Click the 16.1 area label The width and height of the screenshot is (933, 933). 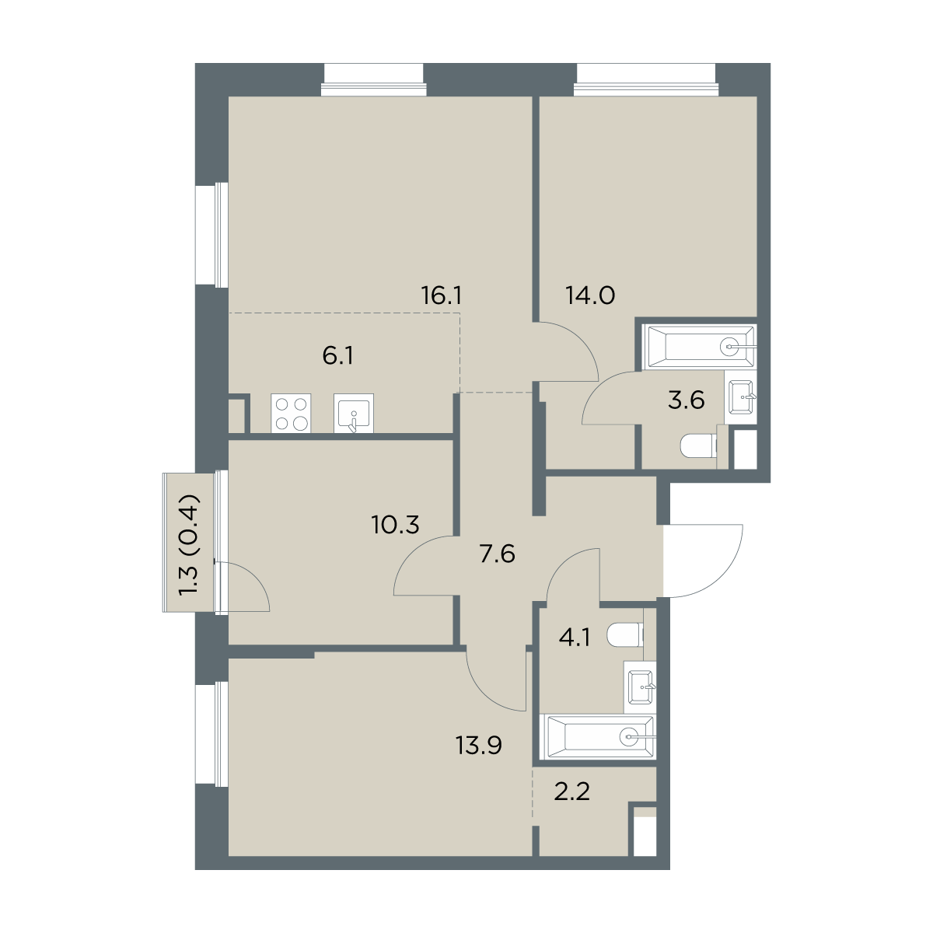point(441,295)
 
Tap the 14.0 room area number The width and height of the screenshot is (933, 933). point(591,295)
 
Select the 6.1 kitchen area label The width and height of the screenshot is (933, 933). point(338,356)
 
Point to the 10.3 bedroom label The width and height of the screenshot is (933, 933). point(396,524)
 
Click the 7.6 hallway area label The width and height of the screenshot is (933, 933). point(498,554)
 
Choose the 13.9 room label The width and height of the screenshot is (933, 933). point(479,746)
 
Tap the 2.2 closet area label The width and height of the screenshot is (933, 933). point(571,793)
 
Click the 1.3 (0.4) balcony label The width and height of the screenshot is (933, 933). point(189,543)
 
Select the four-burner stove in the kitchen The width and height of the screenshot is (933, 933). point(291,413)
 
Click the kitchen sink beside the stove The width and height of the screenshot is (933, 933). point(354,413)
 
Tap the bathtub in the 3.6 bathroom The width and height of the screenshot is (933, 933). point(699,347)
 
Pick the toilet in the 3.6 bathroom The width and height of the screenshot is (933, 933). point(698,445)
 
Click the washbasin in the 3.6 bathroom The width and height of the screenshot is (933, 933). point(740,397)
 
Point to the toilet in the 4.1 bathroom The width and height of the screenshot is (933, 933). point(625,636)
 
